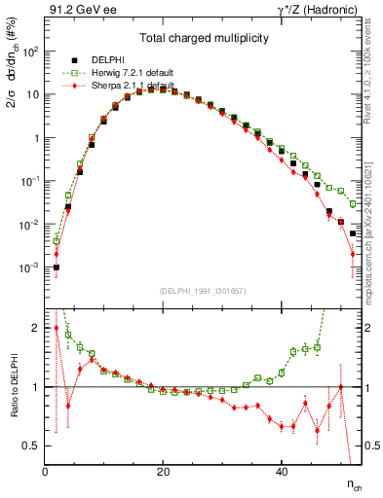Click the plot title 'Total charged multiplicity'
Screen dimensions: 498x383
coord(203,38)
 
